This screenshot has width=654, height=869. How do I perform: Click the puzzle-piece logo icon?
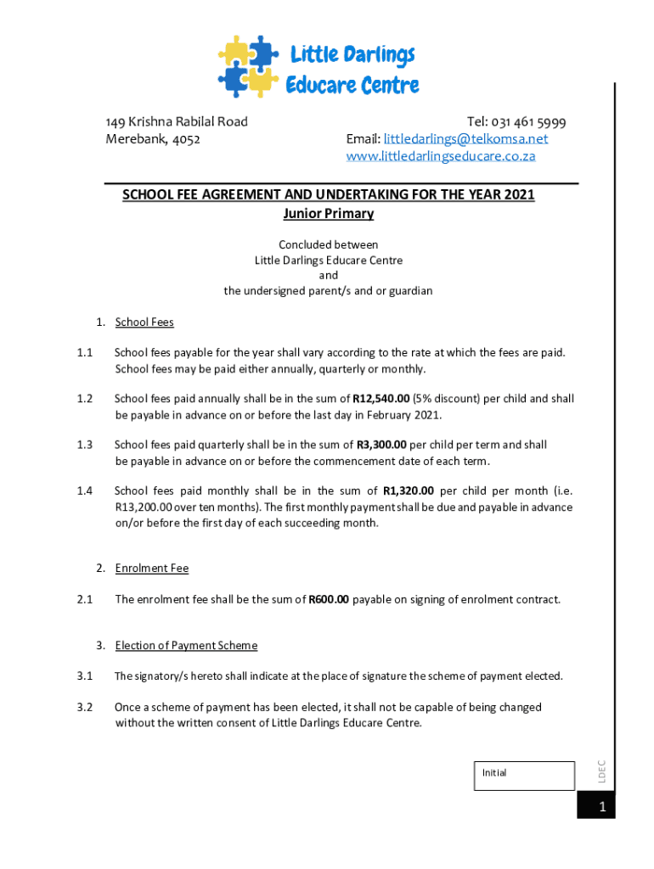click(x=248, y=66)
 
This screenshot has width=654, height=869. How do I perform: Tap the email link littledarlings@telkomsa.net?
click(x=465, y=138)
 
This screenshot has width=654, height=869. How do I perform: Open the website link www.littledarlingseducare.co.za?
click(x=441, y=156)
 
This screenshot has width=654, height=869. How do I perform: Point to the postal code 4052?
click(x=186, y=138)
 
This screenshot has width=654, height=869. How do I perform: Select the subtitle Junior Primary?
click(x=328, y=213)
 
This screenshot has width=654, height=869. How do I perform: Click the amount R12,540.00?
click(x=381, y=398)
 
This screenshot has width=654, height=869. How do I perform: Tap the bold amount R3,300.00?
click(x=381, y=444)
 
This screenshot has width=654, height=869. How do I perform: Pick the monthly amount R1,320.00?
click(x=409, y=491)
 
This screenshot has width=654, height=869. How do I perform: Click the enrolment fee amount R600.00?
click(x=328, y=599)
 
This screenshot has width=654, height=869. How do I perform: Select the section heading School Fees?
click(x=144, y=322)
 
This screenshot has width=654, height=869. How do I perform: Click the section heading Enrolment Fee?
click(x=152, y=568)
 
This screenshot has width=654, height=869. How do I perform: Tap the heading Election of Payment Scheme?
click(x=186, y=645)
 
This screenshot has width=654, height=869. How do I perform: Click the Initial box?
click(x=523, y=776)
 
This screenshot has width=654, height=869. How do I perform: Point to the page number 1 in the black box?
click(x=601, y=808)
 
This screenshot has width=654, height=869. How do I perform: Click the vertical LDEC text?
click(x=600, y=771)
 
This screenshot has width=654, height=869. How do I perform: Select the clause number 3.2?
click(x=83, y=707)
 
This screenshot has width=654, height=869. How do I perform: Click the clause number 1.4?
click(x=83, y=491)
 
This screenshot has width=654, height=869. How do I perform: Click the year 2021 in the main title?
click(x=519, y=194)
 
